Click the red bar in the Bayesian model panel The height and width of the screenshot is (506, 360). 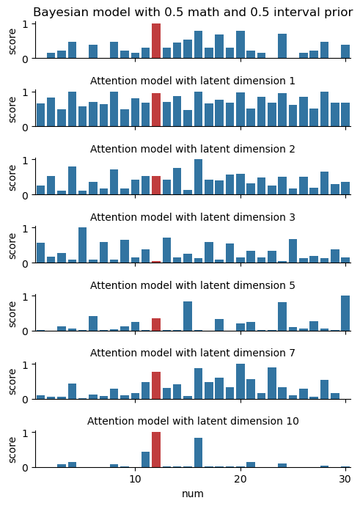[156, 41]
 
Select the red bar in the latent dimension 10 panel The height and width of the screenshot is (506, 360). [156, 450]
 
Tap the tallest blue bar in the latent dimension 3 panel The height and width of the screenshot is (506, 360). [82, 245]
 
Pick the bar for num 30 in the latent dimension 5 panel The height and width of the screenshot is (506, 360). [345, 313]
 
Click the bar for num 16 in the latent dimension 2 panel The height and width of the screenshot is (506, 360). [199, 177]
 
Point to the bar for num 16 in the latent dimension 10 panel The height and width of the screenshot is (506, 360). [199, 452]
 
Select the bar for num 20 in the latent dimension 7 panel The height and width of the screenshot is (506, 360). [240, 381]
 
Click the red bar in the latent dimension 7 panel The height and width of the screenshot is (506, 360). [156, 386]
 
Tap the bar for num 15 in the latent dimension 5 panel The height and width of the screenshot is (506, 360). [188, 316]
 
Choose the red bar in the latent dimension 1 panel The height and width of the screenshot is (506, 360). [156, 110]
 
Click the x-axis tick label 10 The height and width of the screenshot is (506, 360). [135, 479]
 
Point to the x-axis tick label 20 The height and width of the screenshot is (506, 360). [240, 479]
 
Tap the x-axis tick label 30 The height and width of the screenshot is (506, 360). [345, 479]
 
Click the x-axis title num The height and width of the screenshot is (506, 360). [193, 494]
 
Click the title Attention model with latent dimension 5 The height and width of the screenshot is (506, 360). [193, 285]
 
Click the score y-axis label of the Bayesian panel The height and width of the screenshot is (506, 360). [12, 41]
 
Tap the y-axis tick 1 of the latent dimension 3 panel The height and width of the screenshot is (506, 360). [25, 228]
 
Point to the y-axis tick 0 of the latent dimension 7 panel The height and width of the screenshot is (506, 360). [25, 400]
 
